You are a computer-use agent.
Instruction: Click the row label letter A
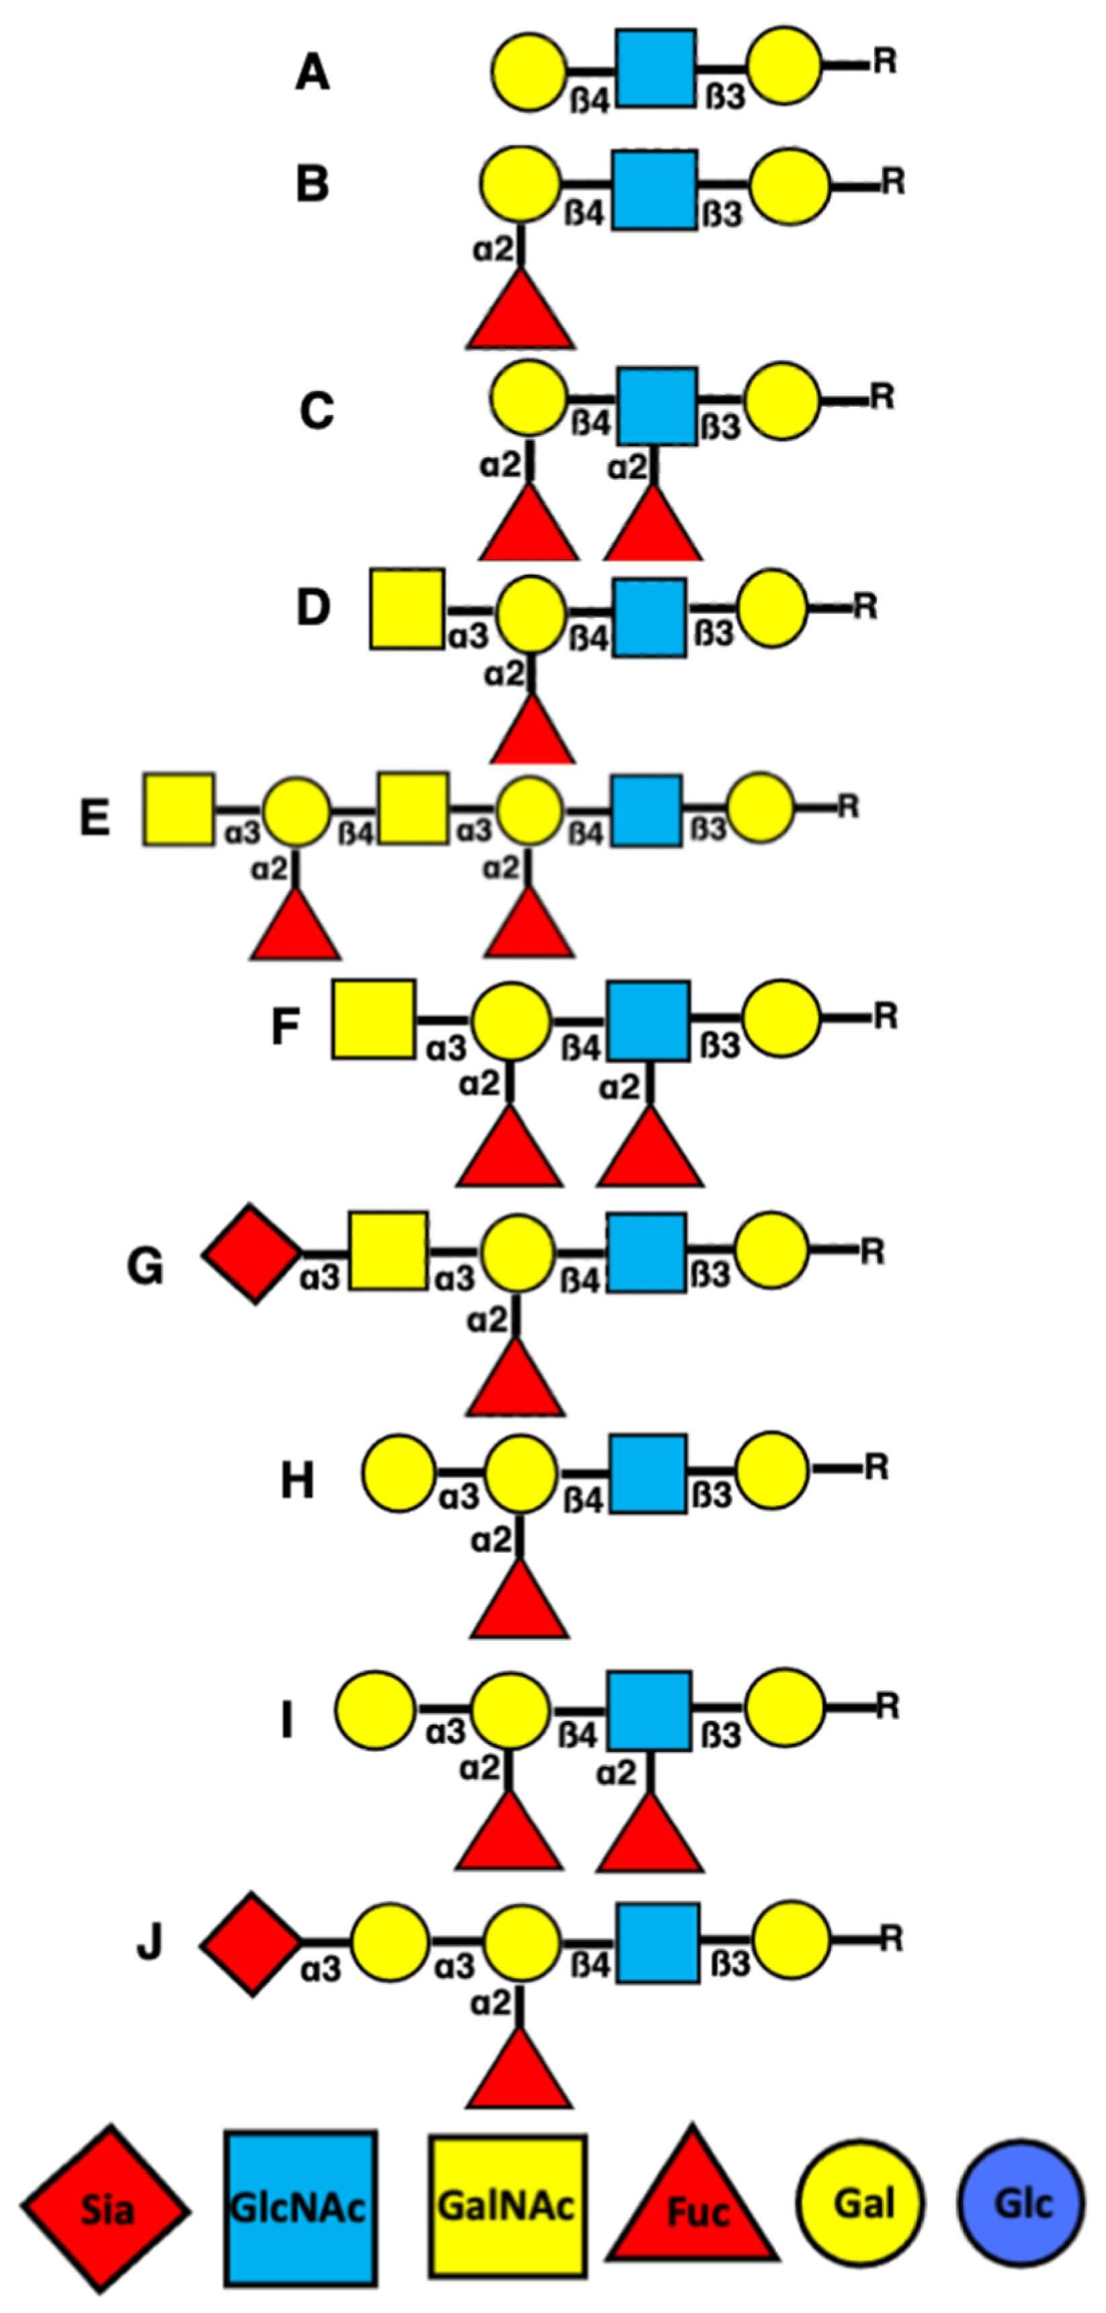click(312, 73)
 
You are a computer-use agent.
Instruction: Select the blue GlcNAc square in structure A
click(654, 69)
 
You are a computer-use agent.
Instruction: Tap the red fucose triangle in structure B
click(521, 310)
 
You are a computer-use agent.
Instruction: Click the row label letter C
click(316, 411)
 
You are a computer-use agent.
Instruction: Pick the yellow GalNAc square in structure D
click(407, 608)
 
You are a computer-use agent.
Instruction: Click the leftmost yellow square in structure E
click(179, 808)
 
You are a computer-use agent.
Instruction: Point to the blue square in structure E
click(646, 812)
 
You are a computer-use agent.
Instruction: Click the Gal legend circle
click(859, 2200)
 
